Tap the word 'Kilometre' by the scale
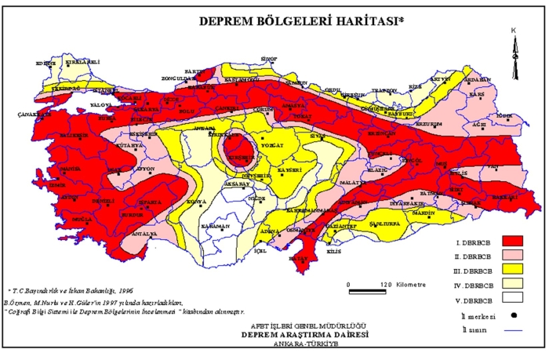point(408,284)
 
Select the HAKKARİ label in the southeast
point(502,197)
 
